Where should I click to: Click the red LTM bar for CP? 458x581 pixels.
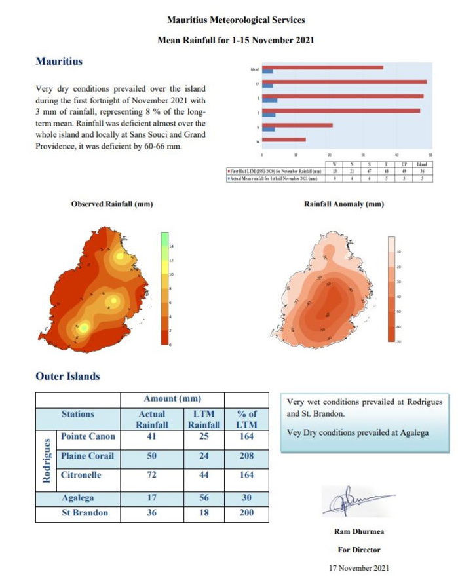pyautogui.click(x=345, y=82)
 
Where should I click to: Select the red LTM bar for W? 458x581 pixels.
pyautogui.click(x=284, y=140)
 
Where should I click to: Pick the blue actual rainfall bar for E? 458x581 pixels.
pyautogui.click(x=270, y=100)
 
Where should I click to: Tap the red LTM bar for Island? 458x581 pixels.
pyautogui.click(x=322, y=67)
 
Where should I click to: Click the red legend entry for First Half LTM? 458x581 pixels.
pyautogui.click(x=276, y=170)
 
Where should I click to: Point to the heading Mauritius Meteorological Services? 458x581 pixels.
pyautogui.click(x=236, y=20)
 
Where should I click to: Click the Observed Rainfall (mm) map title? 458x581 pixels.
pyautogui.click(x=111, y=204)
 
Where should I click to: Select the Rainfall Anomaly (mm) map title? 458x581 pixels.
pyautogui.click(x=344, y=204)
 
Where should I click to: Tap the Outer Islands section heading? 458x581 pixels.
pyautogui.click(x=67, y=376)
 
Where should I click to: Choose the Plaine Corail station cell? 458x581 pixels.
pyautogui.click(x=87, y=455)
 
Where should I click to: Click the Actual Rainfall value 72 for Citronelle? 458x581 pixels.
pyautogui.click(x=151, y=475)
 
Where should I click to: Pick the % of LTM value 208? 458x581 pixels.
pyautogui.click(x=246, y=455)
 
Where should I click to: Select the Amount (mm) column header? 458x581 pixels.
pyautogui.click(x=172, y=399)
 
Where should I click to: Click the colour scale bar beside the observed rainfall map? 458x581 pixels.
pyautogui.click(x=166, y=288)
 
